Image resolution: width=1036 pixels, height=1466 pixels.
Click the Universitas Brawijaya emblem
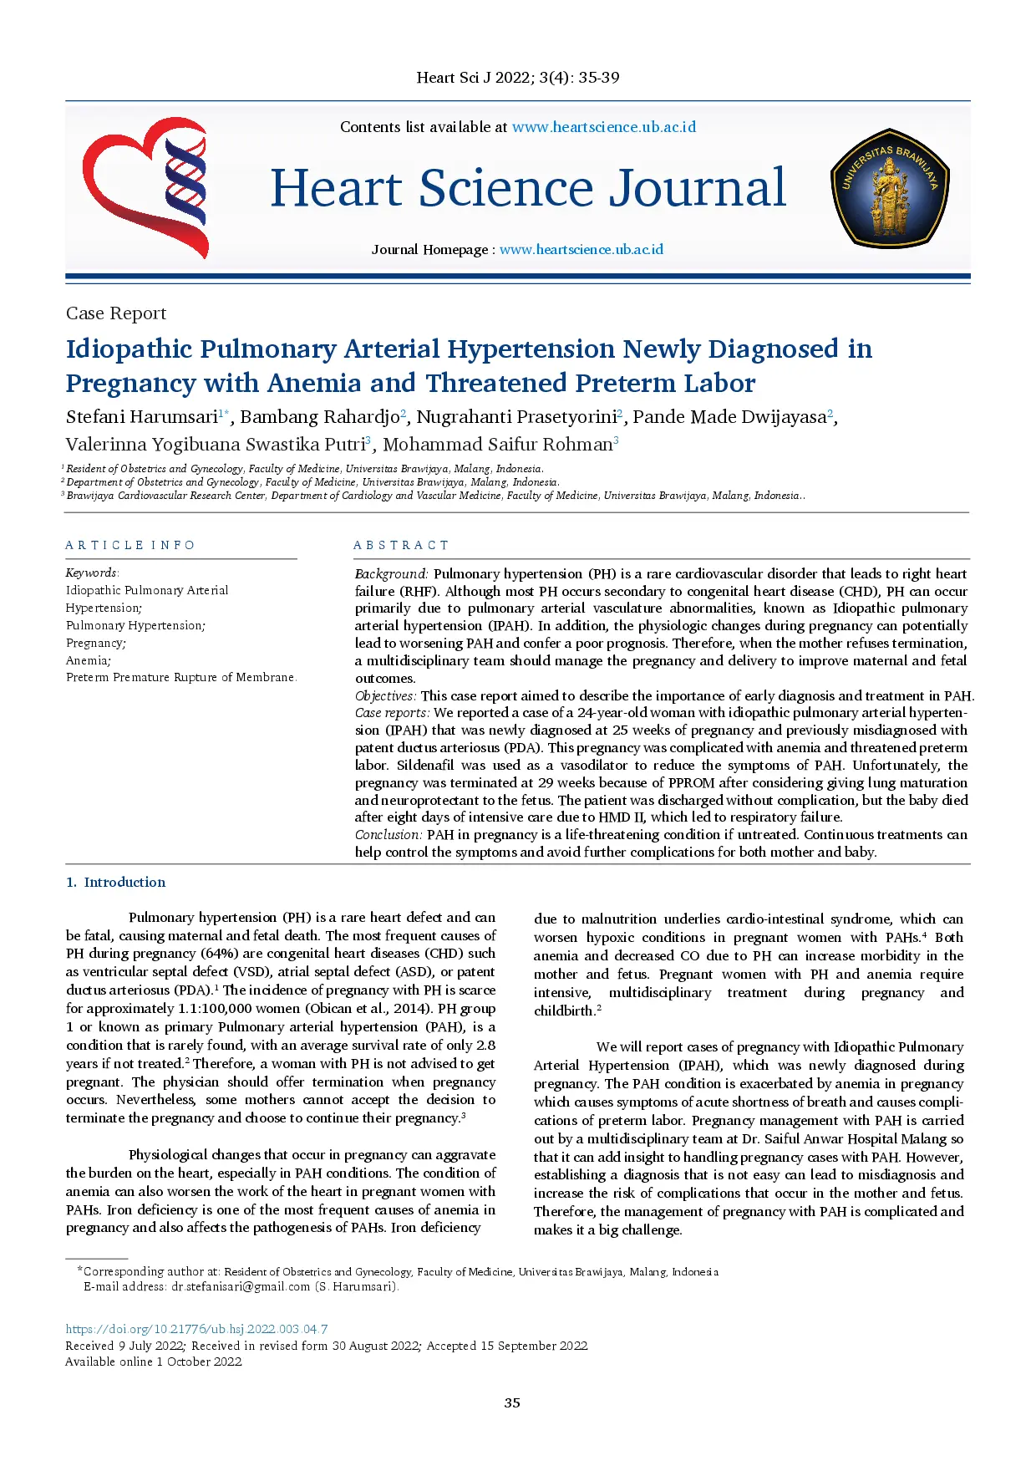click(889, 188)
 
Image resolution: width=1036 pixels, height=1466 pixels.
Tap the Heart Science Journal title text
click(528, 188)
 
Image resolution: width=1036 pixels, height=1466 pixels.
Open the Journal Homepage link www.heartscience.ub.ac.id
click(581, 249)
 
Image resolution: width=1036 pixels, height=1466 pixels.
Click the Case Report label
click(116, 313)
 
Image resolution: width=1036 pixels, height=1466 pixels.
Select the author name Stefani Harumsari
click(141, 417)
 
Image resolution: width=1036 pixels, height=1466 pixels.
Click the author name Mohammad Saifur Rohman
click(497, 445)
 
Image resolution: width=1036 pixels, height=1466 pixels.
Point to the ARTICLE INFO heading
click(130, 545)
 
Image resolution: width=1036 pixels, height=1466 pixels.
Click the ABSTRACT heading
click(401, 545)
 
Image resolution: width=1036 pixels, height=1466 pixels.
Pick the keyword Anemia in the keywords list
click(87, 660)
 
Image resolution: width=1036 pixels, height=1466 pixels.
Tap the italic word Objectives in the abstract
click(384, 695)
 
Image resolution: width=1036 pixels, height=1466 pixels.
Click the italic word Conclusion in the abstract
click(388, 834)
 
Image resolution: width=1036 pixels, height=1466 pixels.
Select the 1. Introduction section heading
click(116, 882)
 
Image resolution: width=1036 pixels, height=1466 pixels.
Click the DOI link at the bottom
click(196, 1329)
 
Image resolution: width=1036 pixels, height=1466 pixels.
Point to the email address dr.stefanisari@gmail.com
click(241, 1286)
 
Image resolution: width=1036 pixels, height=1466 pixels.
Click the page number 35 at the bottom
click(512, 1402)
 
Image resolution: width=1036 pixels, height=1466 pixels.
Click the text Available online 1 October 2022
click(154, 1362)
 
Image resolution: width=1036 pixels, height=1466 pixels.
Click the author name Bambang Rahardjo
click(319, 417)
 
